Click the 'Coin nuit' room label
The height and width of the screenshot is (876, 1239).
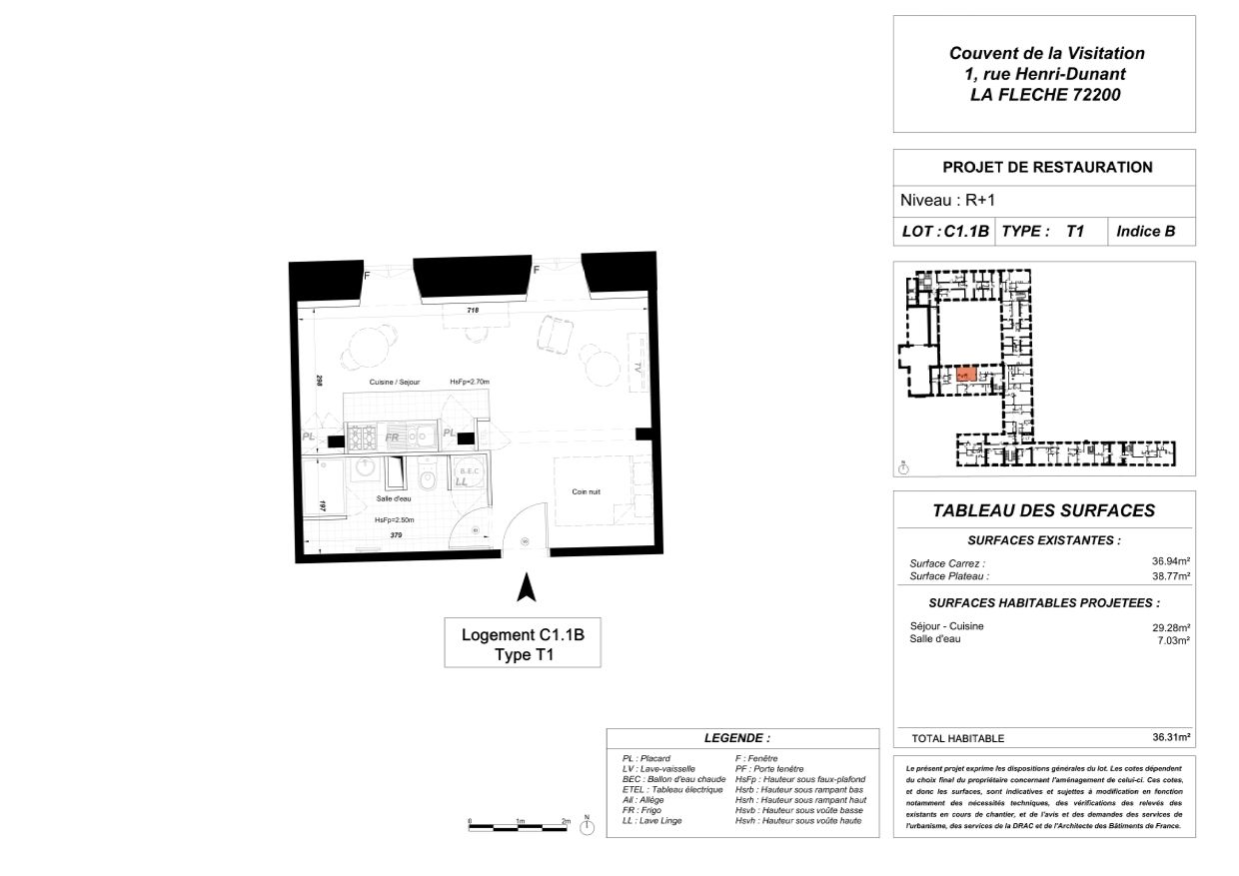point(587,491)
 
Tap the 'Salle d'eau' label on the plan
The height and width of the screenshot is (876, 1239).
point(394,498)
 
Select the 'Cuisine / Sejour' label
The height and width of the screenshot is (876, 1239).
point(395,383)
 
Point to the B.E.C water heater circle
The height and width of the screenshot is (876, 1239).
point(468,472)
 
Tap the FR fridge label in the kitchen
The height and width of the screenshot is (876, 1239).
point(393,438)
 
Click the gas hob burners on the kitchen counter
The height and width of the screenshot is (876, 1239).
point(360,436)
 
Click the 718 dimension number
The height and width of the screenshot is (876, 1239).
point(474,312)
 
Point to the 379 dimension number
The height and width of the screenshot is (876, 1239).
point(396,535)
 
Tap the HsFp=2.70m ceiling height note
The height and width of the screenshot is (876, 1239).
point(470,383)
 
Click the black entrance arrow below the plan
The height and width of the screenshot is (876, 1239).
point(525,587)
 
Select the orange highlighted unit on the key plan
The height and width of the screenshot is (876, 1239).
point(965,375)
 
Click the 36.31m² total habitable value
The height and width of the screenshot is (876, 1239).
point(1170,737)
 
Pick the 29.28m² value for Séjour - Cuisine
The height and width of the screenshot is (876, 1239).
point(1170,627)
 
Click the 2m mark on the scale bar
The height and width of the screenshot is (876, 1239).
point(566,821)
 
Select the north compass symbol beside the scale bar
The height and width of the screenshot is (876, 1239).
point(587,828)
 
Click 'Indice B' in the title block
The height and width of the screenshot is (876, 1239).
point(1145,232)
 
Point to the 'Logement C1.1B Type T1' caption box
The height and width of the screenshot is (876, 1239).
point(523,644)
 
